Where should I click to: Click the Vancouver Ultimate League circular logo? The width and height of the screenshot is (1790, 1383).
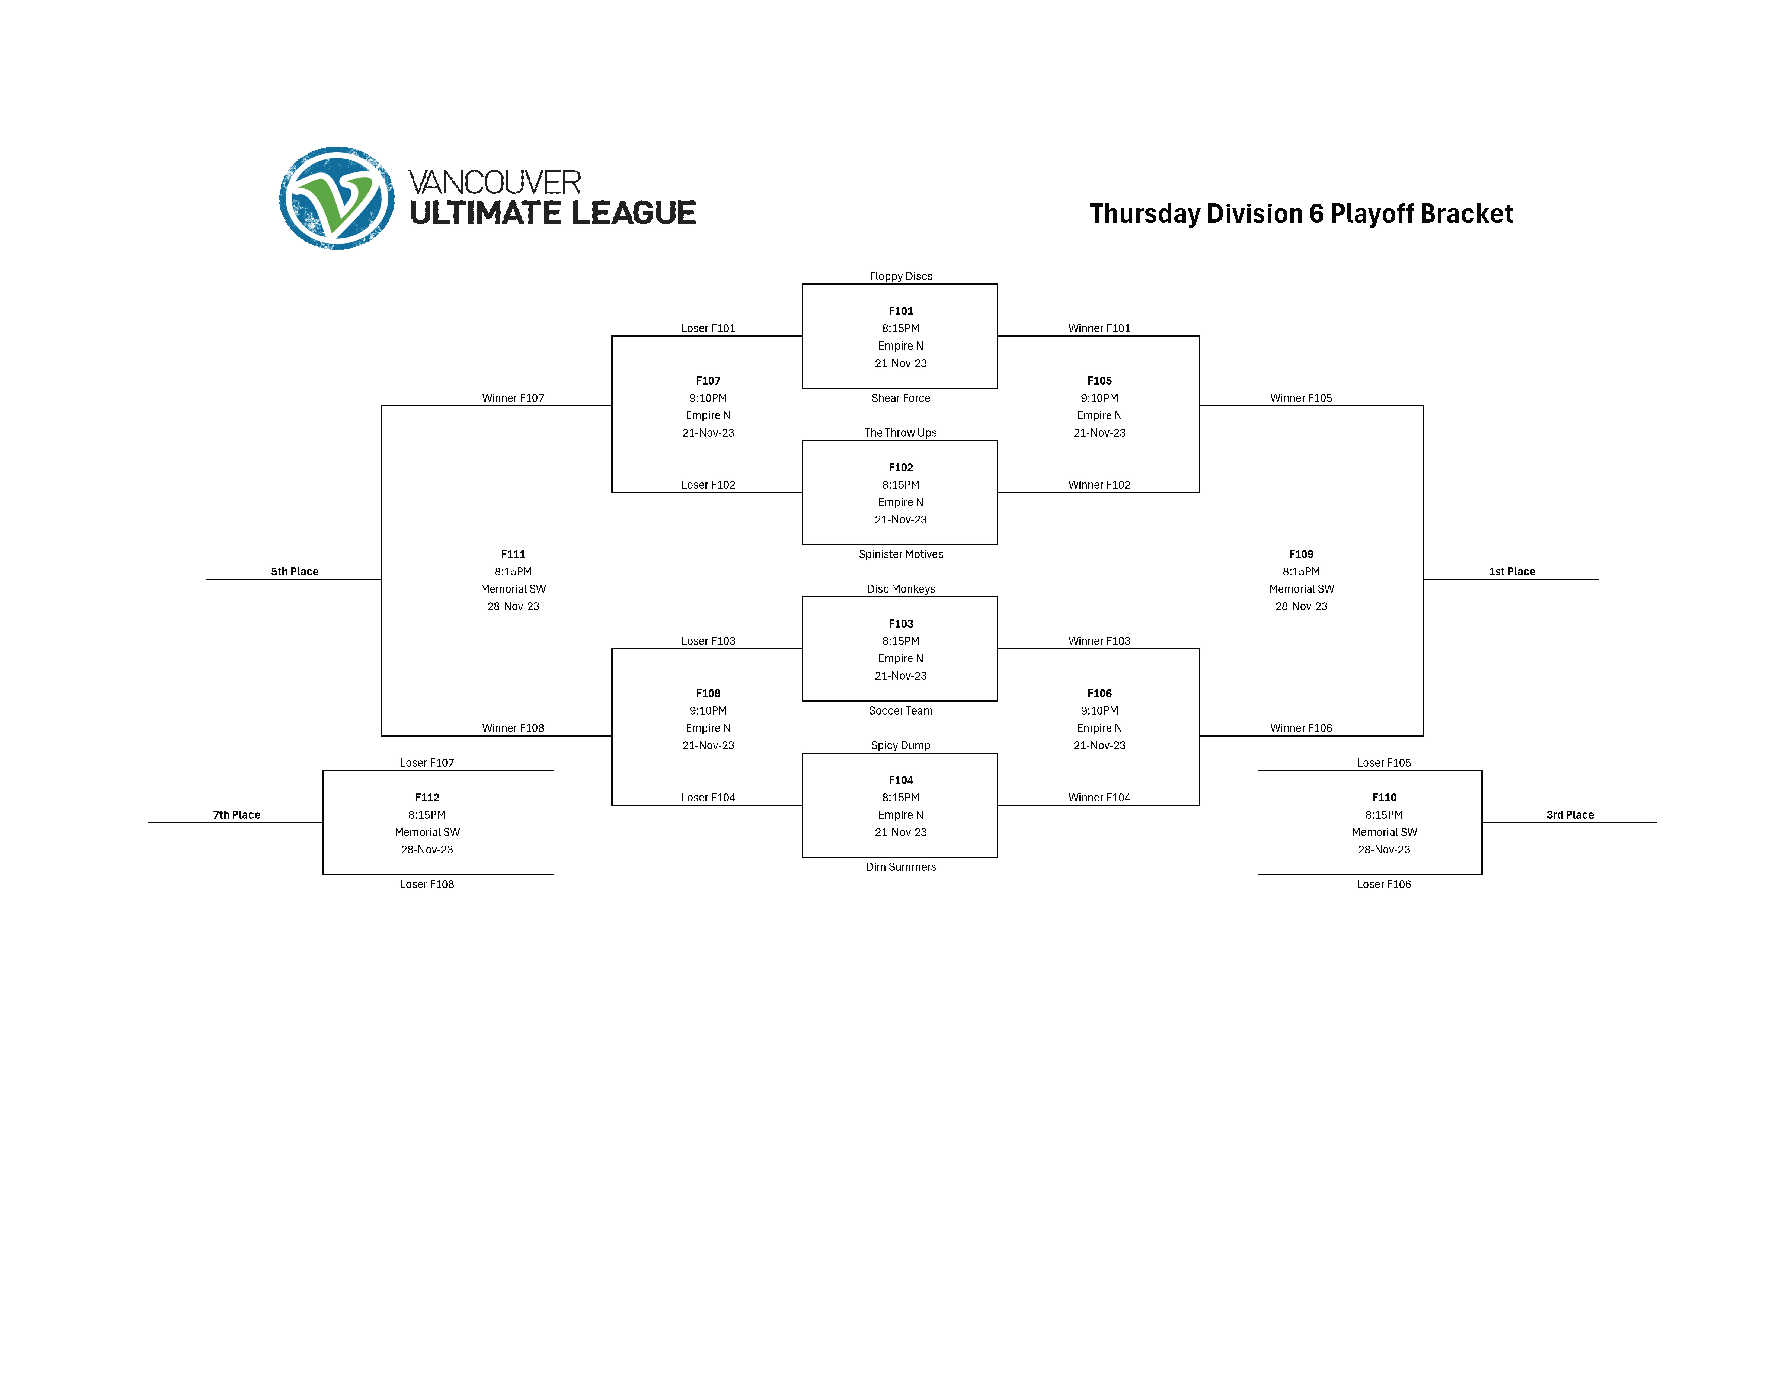(x=337, y=198)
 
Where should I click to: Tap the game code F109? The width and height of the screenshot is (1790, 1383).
(x=1301, y=555)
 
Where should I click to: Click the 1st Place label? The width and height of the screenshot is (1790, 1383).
(x=1511, y=572)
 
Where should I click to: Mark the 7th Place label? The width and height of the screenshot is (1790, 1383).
(x=236, y=815)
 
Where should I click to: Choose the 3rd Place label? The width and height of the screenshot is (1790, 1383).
(x=1570, y=815)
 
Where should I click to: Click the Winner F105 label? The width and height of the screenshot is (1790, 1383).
(x=1301, y=398)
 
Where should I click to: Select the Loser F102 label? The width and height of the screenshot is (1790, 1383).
(x=708, y=485)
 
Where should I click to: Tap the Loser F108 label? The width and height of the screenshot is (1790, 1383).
(x=427, y=885)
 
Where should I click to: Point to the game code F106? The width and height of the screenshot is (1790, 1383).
(x=1099, y=694)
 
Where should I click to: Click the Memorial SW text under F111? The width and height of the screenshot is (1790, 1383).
(x=513, y=589)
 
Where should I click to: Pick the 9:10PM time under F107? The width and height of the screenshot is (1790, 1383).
(x=708, y=398)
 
